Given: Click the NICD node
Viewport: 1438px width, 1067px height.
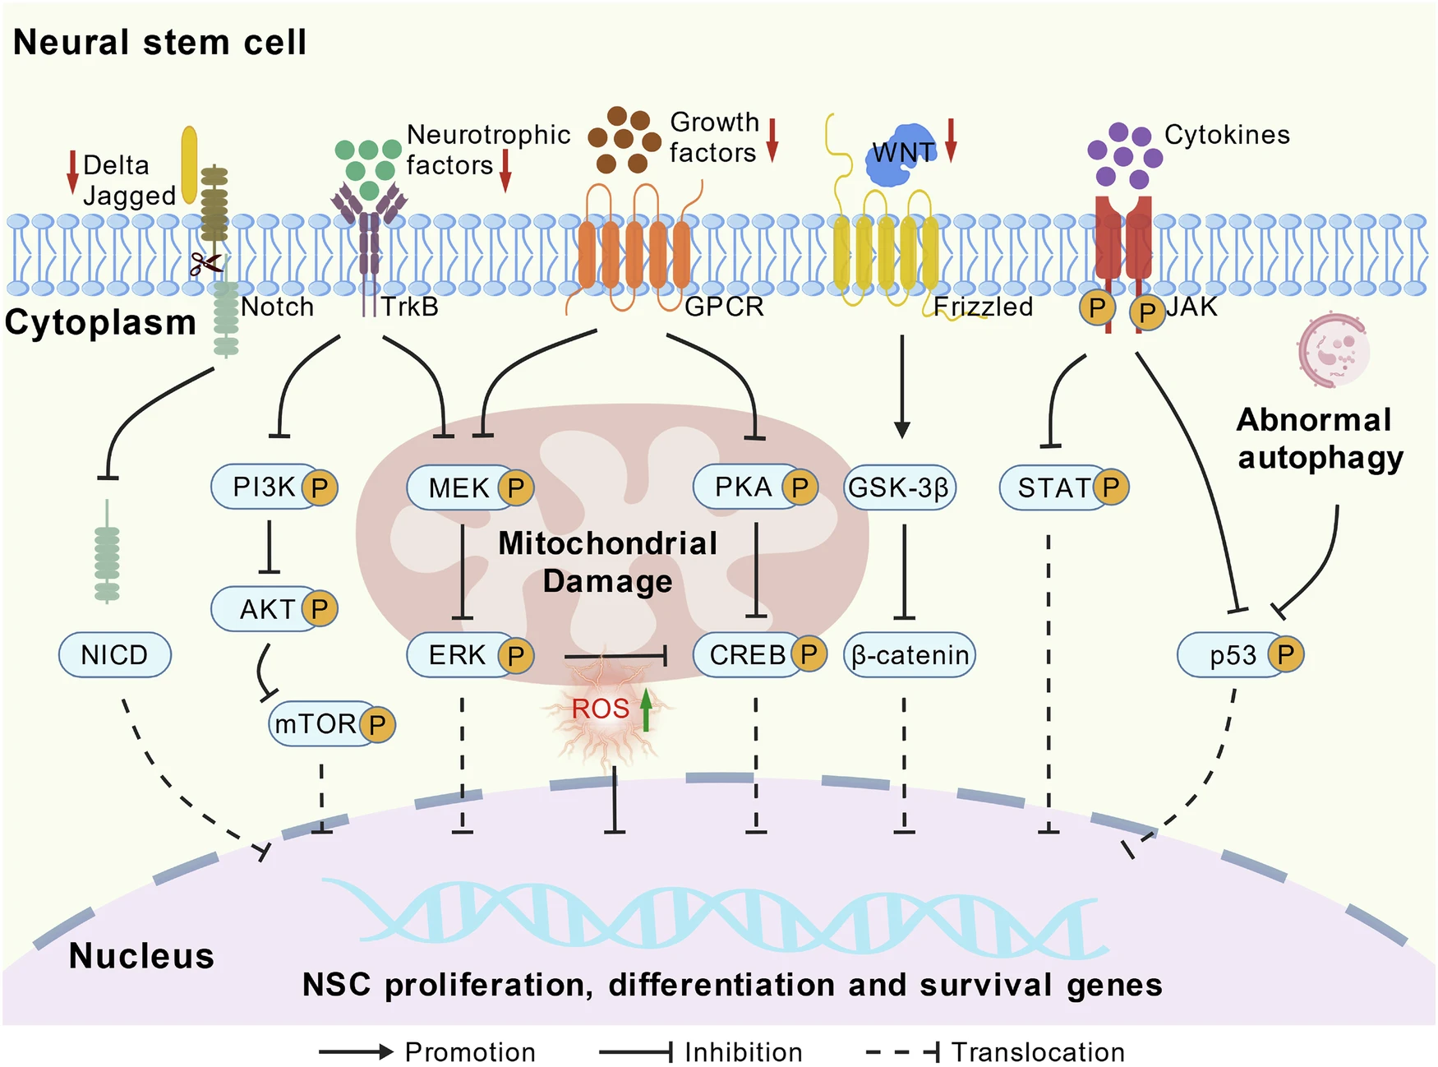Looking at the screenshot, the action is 115,654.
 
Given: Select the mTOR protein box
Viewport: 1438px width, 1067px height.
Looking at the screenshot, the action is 317,723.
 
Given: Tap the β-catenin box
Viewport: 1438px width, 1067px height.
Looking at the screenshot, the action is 910,654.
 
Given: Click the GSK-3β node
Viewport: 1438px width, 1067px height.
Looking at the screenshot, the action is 900,487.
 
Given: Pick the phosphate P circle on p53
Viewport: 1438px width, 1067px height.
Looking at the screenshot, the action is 1285,654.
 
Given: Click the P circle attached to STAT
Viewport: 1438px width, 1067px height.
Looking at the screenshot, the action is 1111,487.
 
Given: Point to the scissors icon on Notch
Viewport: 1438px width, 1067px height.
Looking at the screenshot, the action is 206,264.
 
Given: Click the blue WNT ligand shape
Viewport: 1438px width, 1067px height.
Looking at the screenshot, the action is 900,154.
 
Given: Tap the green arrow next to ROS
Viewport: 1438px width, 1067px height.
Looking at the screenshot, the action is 647,709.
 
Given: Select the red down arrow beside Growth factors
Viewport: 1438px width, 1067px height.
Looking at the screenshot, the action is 772,140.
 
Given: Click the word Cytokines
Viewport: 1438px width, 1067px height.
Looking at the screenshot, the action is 1227,135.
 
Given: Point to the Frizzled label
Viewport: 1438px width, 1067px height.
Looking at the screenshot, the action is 983,307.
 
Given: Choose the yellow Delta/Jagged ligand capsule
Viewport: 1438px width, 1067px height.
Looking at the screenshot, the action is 190,164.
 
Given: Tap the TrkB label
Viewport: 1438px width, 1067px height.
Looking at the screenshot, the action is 409,307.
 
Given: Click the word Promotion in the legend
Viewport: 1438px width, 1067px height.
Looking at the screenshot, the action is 470,1051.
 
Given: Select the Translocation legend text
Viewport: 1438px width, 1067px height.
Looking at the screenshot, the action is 1038,1051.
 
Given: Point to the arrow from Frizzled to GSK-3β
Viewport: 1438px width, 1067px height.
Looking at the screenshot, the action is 901,386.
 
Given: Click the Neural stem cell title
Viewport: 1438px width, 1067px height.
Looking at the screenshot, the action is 160,42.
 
